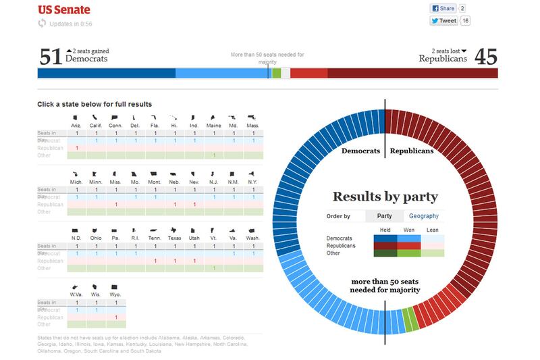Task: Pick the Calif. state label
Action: [97, 126]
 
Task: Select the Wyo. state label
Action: [116, 294]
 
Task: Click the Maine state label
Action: [214, 126]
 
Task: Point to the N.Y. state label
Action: [253, 182]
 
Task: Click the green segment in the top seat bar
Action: [277, 73]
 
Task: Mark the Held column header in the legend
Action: [386, 229]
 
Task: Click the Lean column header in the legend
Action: [432, 229]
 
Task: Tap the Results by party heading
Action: [385, 197]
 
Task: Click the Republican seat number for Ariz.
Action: [78, 148]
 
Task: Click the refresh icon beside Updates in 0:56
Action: [43, 24]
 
